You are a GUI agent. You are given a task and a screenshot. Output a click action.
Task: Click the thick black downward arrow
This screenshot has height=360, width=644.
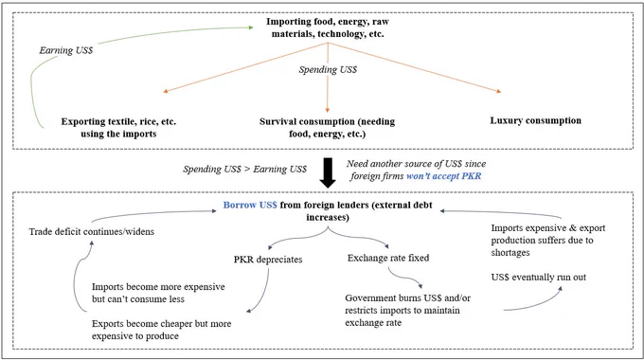coord(328,172)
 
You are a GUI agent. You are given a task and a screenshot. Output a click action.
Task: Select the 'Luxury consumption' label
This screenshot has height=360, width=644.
coord(536,121)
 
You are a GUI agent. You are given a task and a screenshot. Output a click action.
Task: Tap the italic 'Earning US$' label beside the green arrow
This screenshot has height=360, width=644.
coord(66,50)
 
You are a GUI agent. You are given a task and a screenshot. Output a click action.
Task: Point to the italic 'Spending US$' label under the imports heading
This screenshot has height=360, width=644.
coord(328,70)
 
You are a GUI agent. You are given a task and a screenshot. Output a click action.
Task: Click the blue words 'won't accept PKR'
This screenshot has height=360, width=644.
coord(443,176)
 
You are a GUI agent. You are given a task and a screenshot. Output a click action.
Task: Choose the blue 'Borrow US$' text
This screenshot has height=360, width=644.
coord(250,205)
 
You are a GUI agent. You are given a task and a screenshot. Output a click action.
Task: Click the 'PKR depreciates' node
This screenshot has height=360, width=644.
coord(268,260)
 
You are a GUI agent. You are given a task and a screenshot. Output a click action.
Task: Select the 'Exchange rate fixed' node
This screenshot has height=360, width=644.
coord(388,258)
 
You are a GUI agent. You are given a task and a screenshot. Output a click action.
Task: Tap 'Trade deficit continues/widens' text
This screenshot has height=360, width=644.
coord(92,232)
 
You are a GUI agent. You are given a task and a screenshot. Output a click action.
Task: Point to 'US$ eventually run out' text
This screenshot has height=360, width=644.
coord(539,278)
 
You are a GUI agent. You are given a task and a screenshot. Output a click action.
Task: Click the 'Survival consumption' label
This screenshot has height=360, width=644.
coord(327,128)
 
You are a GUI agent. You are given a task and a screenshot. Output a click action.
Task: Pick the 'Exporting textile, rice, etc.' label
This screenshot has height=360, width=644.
coord(118,128)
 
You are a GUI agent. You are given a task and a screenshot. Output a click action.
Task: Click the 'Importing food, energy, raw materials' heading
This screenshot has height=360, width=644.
coord(328,27)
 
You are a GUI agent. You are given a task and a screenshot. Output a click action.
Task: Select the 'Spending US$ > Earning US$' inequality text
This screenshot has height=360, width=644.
coord(244,170)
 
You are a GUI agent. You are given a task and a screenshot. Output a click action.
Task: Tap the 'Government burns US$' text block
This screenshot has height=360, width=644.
coord(407,311)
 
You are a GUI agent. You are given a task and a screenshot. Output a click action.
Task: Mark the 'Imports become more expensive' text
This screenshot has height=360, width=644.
coord(158,293)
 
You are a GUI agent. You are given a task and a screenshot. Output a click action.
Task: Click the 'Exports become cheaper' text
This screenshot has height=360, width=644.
coord(161,330)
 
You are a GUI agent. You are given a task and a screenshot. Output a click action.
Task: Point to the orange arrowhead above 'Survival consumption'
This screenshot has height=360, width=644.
coord(328,110)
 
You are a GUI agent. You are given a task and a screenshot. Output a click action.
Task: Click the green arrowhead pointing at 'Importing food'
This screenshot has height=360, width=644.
coord(251,27)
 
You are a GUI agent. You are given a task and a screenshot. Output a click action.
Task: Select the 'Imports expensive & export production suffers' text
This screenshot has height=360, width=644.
coord(548,241)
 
